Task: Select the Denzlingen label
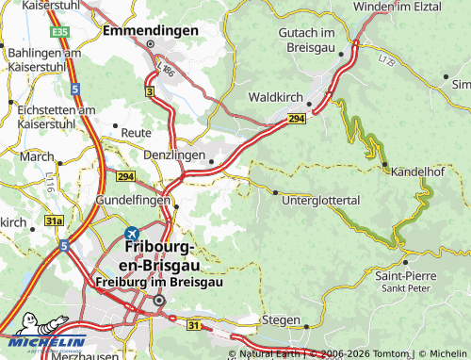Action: click(174, 155)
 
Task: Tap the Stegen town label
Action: click(280, 319)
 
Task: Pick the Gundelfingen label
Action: click(132, 201)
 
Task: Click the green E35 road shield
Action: click(61, 32)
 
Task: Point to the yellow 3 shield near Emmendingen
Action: click(150, 90)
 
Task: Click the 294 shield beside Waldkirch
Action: click(296, 118)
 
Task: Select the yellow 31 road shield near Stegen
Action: click(194, 325)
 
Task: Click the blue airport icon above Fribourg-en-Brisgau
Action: click(132, 233)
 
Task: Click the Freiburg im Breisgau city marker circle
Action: click(159, 301)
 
